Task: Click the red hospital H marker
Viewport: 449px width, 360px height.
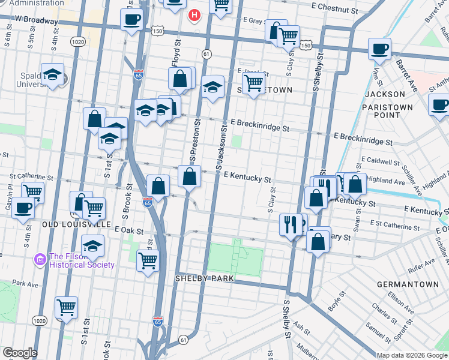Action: point(194,14)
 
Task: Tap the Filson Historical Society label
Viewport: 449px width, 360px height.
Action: point(82,260)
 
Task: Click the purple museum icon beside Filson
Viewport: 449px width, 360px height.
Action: point(40,260)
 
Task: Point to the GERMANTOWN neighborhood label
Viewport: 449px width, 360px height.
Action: point(401,283)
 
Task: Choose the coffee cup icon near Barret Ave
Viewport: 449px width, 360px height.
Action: point(379,49)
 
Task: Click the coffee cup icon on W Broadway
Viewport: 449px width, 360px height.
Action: point(131,19)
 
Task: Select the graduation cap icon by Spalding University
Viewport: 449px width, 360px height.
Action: point(53,75)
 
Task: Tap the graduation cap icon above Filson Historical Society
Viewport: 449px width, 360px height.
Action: point(92,246)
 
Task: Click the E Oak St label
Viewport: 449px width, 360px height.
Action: point(128,230)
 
